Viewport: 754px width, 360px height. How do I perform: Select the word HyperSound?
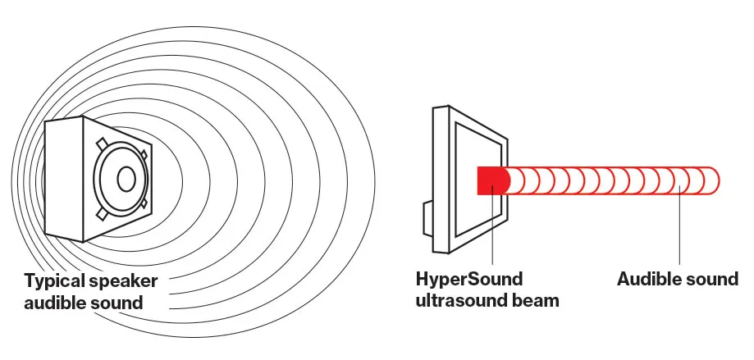(469, 279)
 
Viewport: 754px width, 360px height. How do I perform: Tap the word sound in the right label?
(715, 279)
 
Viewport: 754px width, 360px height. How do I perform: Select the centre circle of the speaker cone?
(126, 177)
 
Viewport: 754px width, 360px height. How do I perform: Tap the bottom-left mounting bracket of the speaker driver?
(101, 214)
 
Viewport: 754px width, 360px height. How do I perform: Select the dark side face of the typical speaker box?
(64, 180)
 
